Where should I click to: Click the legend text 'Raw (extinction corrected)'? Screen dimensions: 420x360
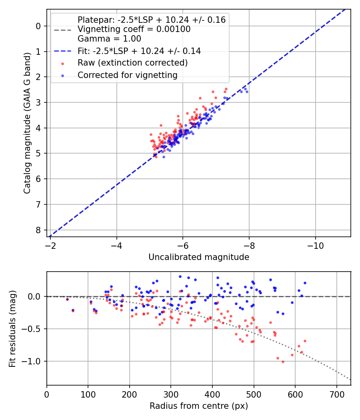tap(132, 63)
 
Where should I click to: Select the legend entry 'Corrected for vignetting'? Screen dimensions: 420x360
tap(128, 75)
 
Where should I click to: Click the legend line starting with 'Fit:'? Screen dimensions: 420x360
tap(139, 51)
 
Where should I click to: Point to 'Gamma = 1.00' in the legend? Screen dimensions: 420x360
tap(109, 39)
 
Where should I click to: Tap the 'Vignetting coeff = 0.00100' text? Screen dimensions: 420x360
tap(134, 29)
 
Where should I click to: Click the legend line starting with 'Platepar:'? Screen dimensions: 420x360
tap(152, 20)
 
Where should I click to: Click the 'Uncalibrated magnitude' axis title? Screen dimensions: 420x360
tap(199, 257)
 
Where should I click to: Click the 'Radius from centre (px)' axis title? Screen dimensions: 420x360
tap(199, 406)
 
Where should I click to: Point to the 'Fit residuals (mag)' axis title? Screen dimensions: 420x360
tap(12, 329)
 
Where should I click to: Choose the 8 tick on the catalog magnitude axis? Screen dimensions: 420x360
tap(38, 230)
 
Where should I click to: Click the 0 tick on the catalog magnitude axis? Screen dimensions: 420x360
tap(38, 26)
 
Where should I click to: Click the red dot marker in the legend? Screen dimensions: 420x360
tap(62, 63)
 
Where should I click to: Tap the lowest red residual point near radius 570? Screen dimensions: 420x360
tap(283, 362)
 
